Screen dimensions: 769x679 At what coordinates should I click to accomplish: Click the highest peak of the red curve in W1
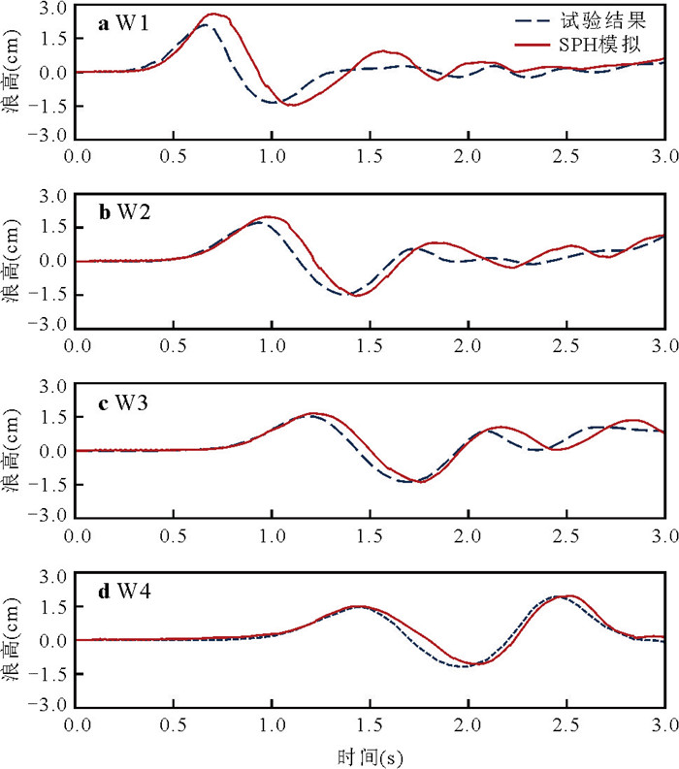tap(214, 15)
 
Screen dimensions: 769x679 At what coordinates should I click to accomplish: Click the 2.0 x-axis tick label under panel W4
tap(469, 724)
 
